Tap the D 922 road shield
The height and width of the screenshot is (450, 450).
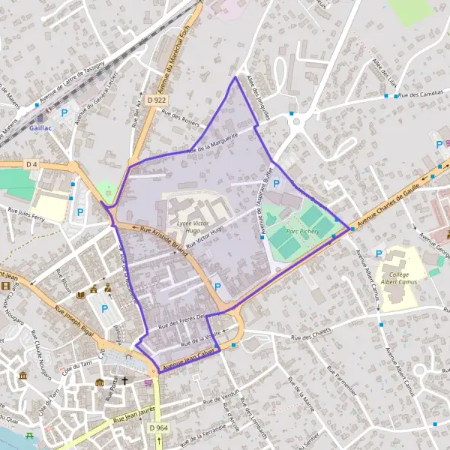[x=157, y=99]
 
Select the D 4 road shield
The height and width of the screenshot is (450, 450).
[x=31, y=163]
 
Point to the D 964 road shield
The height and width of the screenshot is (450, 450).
[x=157, y=427]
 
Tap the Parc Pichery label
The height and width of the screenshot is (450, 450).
[x=303, y=232]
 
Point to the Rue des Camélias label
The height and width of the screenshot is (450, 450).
[x=424, y=95]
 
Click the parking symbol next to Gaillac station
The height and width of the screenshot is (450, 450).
[x=64, y=113]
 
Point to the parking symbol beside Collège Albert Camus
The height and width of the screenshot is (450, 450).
[x=378, y=254]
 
